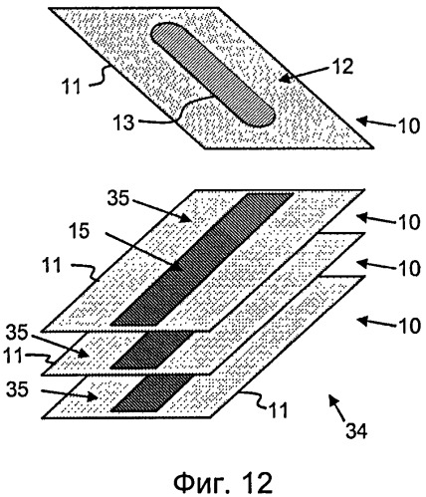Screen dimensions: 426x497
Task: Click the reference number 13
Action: [123, 123]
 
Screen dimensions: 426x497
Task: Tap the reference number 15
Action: [79, 231]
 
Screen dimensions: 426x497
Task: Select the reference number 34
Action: [356, 431]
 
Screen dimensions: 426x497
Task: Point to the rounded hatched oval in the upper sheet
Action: [213, 75]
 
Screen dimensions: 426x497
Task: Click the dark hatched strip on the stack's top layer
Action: [202, 259]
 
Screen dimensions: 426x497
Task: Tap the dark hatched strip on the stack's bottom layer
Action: [152, 393]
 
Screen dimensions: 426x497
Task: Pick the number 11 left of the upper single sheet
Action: [71, 87]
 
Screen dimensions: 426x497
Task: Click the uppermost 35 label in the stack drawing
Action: [118, 199]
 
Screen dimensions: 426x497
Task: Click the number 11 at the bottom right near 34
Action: [278, 410]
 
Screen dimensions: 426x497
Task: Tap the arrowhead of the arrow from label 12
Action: [285, 80]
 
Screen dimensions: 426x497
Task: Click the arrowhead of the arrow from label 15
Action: [175, 266]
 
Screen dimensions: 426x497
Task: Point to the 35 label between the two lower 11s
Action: [17, 333]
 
